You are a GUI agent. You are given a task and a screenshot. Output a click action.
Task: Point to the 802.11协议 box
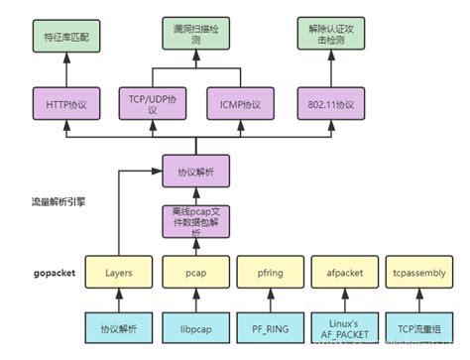pyautogui.click(x=324, y=103)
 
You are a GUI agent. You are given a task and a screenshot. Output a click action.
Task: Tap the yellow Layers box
pyautogui.click(x=120, y=270)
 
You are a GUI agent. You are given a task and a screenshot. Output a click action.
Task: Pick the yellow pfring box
pyautogui.click(x=266, y=270)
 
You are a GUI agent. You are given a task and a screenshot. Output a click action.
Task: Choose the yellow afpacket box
pyautogui.click(x=338, y=270)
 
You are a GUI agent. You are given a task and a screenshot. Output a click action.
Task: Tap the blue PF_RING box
pyautogui.click(x=266, y=327)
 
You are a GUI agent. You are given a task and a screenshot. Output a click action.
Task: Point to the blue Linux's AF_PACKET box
pyautogui.click(x=338, y=327)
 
